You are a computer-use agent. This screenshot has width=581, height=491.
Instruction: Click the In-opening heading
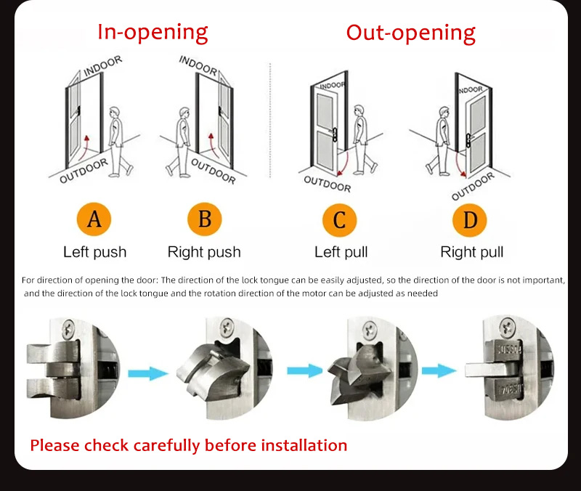pos(153,33)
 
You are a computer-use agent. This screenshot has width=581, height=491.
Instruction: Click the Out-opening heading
pos(410,33)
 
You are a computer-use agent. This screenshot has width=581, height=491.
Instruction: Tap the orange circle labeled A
pos(94,219)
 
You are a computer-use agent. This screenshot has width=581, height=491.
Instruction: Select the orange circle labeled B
pos(204,219)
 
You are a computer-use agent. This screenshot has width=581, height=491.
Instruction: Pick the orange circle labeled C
pos(340,219)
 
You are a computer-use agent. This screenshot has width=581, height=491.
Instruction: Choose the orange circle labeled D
pos(470,219)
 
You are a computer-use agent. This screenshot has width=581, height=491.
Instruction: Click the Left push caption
pos(94,253)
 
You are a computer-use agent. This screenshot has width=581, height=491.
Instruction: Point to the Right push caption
pos(204,253)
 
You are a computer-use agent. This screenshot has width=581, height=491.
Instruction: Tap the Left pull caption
pos(341,253)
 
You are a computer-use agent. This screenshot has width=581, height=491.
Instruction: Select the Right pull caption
pos(471,253)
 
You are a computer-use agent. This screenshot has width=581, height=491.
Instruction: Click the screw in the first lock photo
pos(69,328)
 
